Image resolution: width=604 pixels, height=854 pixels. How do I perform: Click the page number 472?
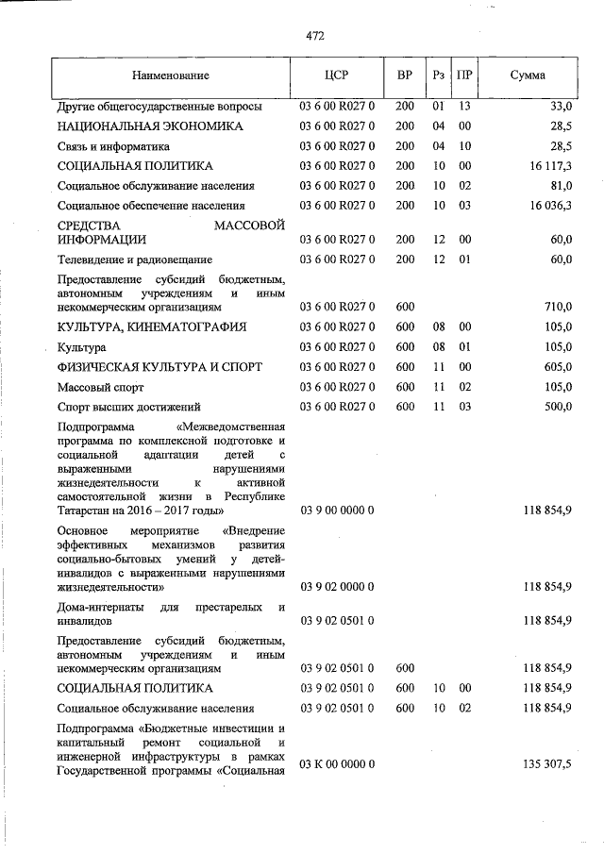coord(315,36)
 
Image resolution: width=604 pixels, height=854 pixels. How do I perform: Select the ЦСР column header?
coord(338,75)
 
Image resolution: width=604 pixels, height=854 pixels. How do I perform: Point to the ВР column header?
coord(405,75)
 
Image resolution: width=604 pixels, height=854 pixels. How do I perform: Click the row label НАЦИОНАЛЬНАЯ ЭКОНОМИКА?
coord(150,126)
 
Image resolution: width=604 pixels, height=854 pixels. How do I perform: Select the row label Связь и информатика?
coord(113,146)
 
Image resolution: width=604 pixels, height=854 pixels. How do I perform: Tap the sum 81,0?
coord(558,186)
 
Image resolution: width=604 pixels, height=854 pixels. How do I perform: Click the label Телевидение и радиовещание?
coord(135,259)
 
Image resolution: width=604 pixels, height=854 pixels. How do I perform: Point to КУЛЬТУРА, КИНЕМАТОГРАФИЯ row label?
coord(152,327)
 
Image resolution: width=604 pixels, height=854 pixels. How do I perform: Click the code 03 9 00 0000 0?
coord(338,511)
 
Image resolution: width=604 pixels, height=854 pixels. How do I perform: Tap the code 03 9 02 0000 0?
coord(338,587)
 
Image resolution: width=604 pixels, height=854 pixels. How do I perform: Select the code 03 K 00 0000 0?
coord(338,762)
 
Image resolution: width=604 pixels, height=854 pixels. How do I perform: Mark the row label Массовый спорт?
coord(98,386)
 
